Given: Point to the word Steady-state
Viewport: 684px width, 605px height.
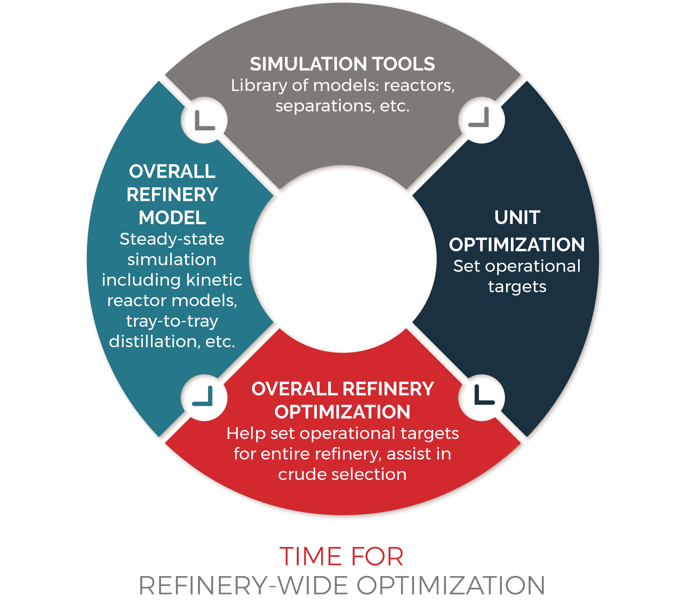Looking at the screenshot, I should pos(172,239).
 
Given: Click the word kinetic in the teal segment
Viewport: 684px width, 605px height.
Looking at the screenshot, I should pos(214,280).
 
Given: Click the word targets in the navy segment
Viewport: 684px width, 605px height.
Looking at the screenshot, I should pos(517,287).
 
